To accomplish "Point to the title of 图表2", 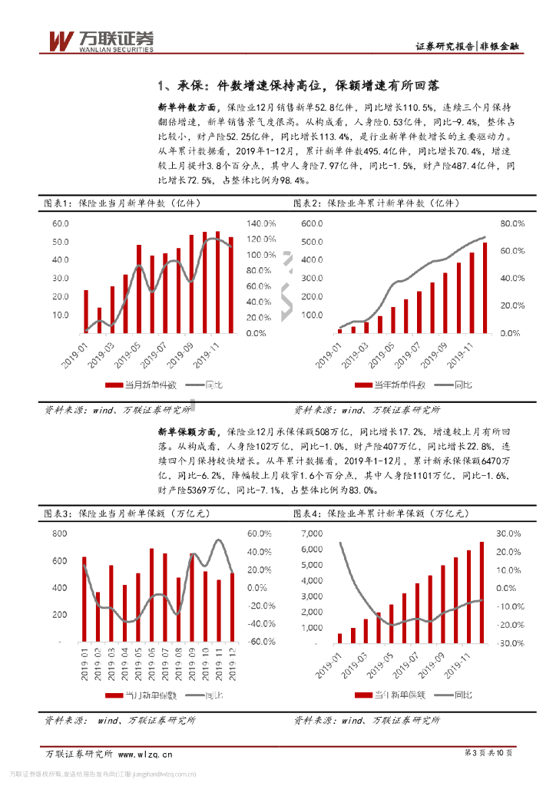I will click(376, 204).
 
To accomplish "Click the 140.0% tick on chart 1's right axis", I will click(261, 223).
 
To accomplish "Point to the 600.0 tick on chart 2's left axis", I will click(312, 223).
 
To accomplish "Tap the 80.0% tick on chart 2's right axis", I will click(511, 223).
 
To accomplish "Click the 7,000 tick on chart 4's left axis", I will click(310, 533).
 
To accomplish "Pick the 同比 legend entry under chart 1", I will click(214, 385).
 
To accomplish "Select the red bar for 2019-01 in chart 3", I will click(84, 599).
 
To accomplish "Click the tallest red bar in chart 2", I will click(485, 288).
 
